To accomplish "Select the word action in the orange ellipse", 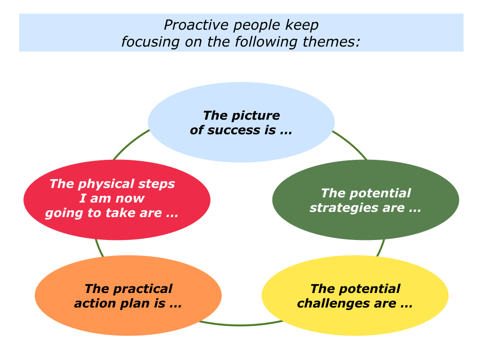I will click(x=94, y=303).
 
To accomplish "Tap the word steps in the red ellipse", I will click(x=159, y=184).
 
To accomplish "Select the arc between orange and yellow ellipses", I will click(x=240, y=325).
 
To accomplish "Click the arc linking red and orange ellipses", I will click(x=98, y=248).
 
